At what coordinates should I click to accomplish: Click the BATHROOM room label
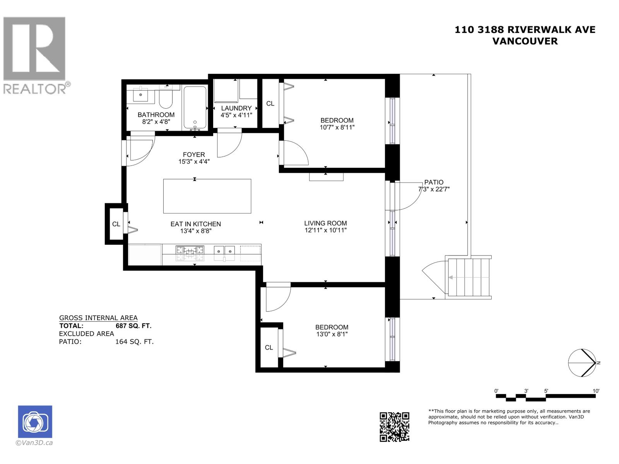pos(156,115)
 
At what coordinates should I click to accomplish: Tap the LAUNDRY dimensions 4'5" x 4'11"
pos(236,115)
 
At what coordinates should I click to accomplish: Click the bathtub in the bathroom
pos(195,107)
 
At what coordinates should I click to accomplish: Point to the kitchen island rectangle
pos(207,196)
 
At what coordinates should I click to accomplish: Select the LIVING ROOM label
pos(325,223)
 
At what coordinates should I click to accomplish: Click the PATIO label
pos(434,182)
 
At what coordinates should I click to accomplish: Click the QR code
pos(394,426)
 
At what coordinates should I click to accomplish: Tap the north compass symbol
pos(582,363)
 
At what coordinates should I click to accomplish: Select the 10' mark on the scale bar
pos(596,391)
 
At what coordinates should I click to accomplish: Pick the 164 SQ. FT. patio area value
pos(134,342)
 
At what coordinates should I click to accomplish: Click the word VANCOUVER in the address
pos(525,41)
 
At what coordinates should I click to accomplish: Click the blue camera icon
pos(35,421)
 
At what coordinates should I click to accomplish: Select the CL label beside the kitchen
pos(116,224)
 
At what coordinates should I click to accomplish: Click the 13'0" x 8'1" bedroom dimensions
pos(331,334)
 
